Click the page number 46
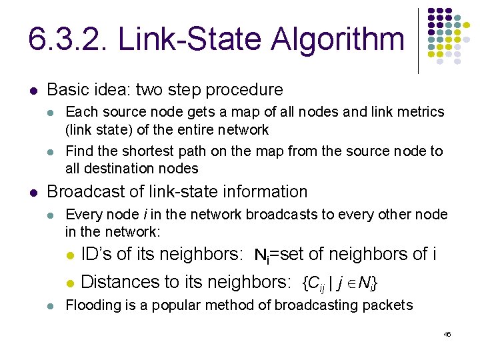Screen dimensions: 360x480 point(447,334)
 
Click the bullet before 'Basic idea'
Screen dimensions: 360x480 point(33,91)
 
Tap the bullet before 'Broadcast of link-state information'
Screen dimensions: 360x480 point(33,193)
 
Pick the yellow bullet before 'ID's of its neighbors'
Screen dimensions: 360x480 point(69,255)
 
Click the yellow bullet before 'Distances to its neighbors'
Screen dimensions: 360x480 point(69,283)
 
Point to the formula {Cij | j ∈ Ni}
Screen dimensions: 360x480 point(341,283)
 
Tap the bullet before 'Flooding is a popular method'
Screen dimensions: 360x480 point(51,306)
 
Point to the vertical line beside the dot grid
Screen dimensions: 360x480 point(419,40)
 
